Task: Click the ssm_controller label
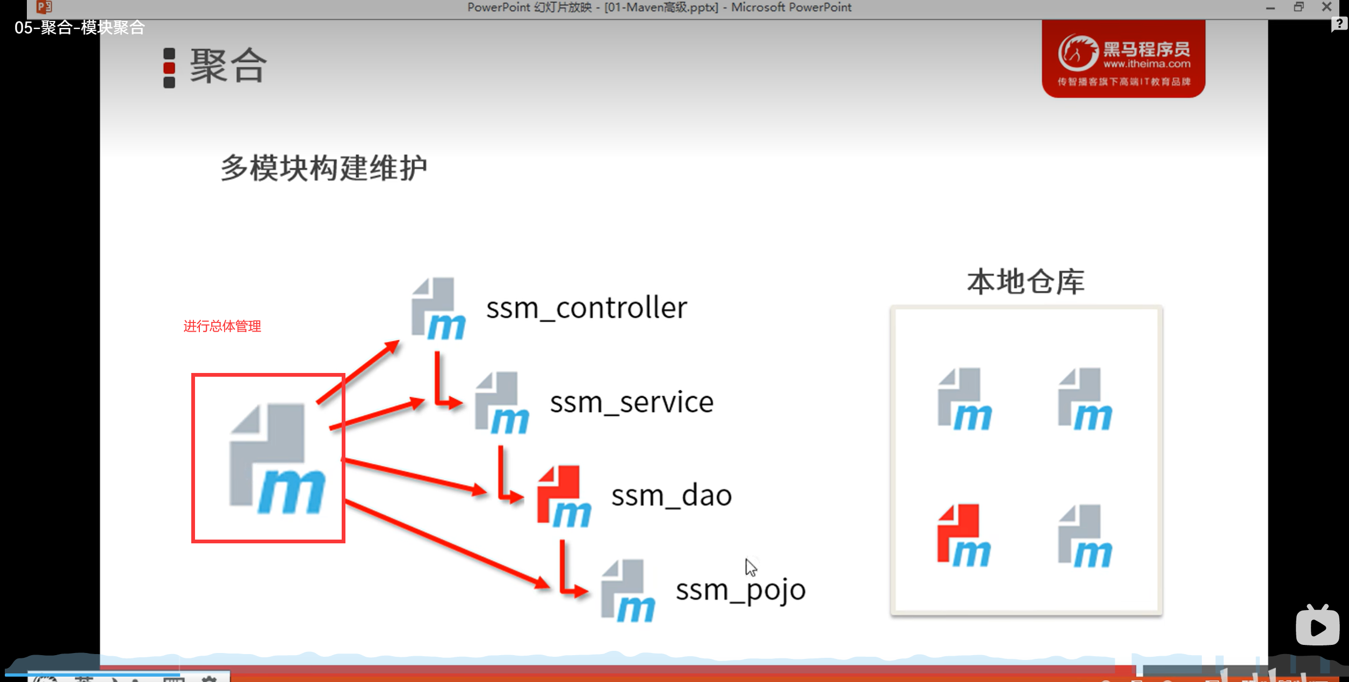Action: point(586,308)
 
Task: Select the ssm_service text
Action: point(631,402)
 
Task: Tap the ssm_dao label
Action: point(671,496)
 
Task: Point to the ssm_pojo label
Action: point(740,590)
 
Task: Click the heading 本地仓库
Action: point(1026,282)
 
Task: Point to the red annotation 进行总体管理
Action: point(222,326)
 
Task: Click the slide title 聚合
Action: point(228,66)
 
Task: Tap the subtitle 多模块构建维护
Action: point(324,168)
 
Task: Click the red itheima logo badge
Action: point(1123,59)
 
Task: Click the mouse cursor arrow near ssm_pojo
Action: point(751,567)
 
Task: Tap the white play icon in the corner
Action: point(1317,626)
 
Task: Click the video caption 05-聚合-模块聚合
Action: point(80,27)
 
